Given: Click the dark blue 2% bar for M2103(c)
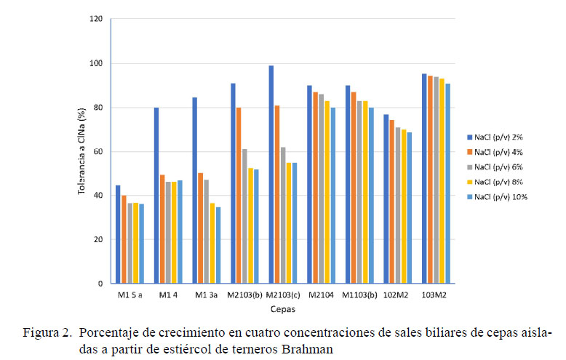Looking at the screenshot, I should click(271, 175).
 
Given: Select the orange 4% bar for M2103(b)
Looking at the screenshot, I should click(239, 196).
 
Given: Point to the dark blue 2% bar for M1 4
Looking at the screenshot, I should click(156, 196).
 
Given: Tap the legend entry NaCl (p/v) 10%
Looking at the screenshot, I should click(498, 196).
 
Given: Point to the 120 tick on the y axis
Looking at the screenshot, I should click(96, 19).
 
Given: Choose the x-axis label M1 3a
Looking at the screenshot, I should click(207, 295).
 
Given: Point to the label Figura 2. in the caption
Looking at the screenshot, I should click(47, 334).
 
